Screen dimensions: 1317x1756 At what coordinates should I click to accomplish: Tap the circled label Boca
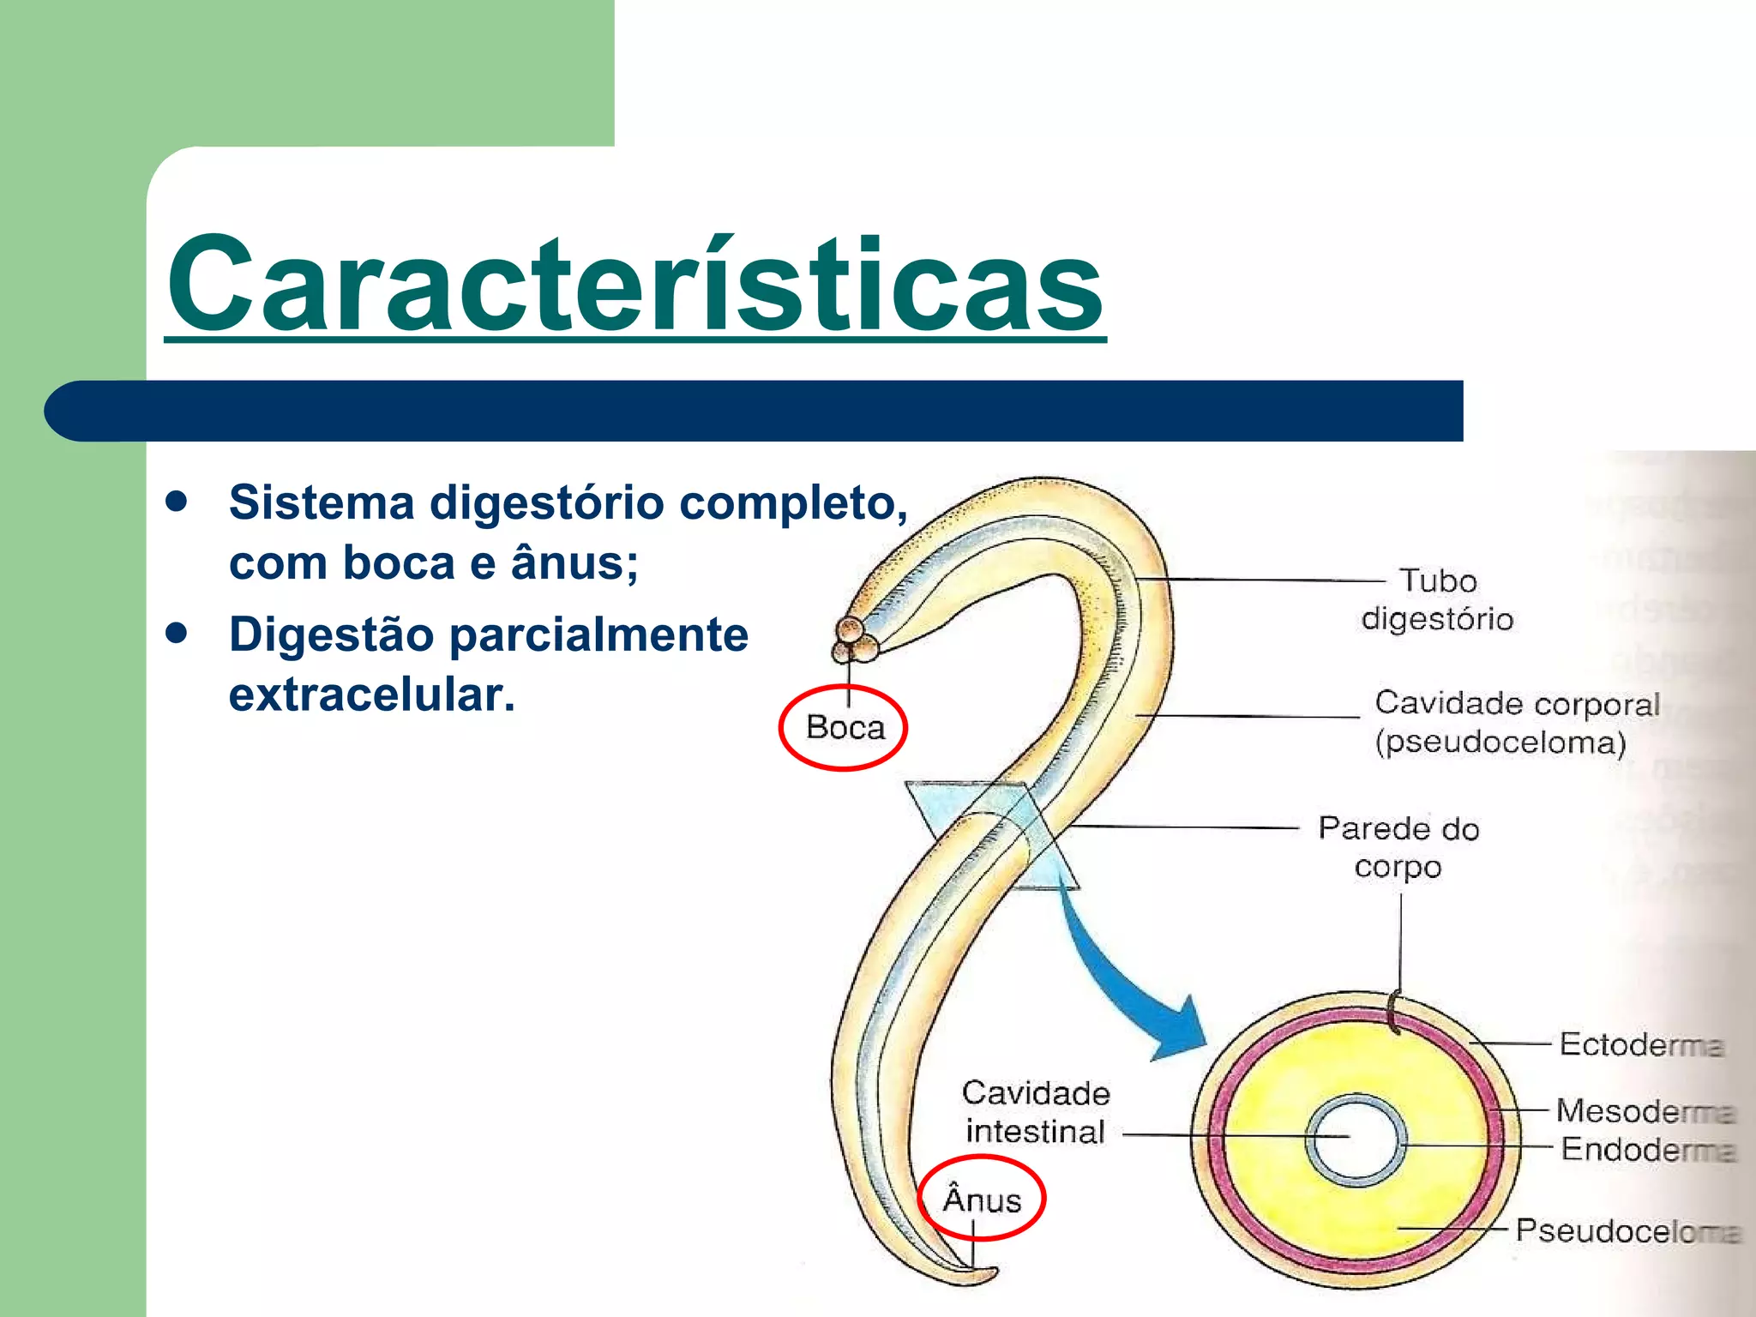pos(845,728)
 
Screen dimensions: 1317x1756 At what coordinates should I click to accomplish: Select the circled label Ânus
pos(982,1200)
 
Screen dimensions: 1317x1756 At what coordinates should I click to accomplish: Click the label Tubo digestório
pos(1438,599)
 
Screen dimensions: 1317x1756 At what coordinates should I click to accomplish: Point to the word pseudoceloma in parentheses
pos(1500,743)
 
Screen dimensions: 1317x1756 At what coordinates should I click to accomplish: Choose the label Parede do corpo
pos(1398,847)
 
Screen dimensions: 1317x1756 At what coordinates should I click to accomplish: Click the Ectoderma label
pos(1640,1044)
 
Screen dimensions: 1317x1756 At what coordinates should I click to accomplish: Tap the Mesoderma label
pos(1645,1111)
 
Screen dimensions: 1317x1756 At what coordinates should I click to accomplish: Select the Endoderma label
pos(1647,1149)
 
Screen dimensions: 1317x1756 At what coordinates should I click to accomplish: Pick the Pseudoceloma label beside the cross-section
pos(1627,1230)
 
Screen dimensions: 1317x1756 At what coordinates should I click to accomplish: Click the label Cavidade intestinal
pos(1036,1112)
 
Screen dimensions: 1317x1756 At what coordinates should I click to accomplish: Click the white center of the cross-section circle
pos(1356,1141)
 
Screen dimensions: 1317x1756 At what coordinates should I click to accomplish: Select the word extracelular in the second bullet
pos(372,695)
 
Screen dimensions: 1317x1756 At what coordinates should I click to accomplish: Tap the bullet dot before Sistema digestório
pos(177,502)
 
